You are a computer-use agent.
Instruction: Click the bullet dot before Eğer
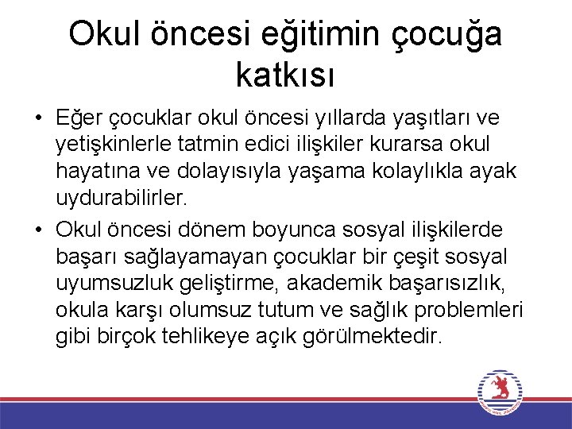38,119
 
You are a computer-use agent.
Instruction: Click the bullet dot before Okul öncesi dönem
38,230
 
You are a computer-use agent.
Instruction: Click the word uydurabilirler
121,197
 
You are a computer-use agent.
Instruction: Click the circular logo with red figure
500,392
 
